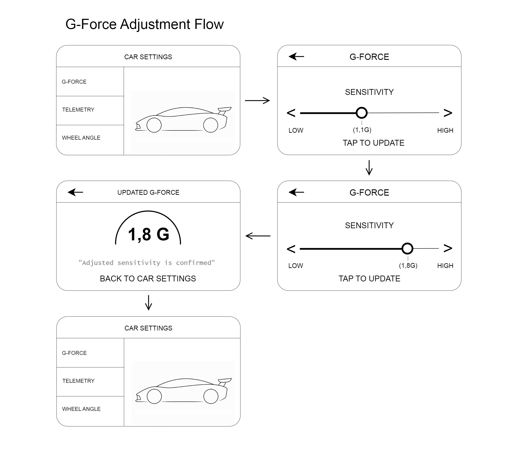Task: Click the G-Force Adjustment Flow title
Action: [144, 24]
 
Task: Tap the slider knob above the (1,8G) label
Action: [407, 249]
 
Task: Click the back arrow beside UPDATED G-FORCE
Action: [75, 192]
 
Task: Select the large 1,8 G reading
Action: [149, 234]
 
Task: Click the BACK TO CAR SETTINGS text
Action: [148, 279]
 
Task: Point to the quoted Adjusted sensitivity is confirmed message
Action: [147, 263]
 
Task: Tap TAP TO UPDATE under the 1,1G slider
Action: [373, 143]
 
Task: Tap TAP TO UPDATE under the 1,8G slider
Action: [369, 279]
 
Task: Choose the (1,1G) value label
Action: [362, 130]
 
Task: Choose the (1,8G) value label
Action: [408, 266]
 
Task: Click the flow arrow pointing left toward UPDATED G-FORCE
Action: [258, 236]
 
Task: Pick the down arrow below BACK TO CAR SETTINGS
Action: [149, 303]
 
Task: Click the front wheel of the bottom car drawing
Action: [154, 396]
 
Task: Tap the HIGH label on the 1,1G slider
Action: [445, 131]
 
